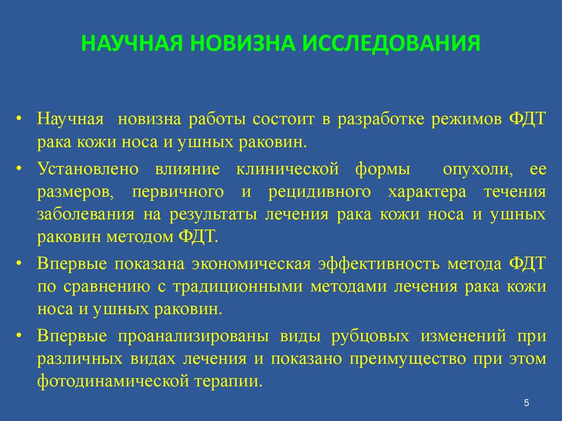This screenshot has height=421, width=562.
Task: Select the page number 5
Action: (x=526, y=404)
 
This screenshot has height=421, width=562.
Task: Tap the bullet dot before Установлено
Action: (x=19, y=169)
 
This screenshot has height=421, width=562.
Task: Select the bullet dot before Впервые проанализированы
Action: (x=19, y=335)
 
